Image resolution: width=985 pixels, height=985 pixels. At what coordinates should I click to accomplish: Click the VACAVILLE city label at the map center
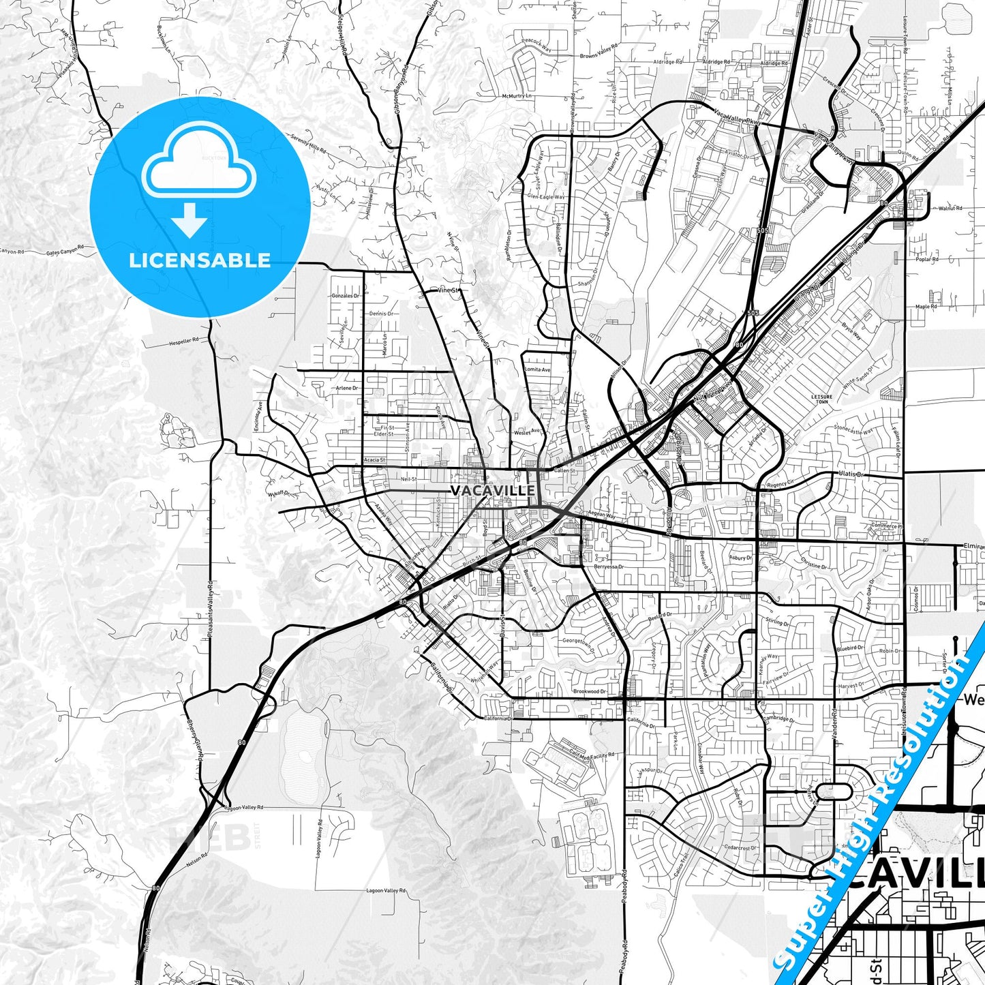(493, 490)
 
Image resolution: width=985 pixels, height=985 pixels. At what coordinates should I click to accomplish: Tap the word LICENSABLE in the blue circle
(200, 260)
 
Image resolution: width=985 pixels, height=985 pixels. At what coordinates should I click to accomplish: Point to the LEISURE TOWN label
(822, 399)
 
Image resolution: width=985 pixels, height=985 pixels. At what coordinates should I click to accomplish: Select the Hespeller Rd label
(183, 339)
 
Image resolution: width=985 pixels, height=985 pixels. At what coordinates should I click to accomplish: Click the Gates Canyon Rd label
(65, 252)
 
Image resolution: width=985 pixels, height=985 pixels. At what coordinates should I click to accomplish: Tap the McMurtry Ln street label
(517, 96)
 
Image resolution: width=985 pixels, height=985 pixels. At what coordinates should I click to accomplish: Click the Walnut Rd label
(950, 208)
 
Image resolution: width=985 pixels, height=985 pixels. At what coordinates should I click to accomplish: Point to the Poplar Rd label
(927, 259)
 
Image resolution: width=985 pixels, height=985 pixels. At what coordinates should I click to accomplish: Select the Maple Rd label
(926, 307)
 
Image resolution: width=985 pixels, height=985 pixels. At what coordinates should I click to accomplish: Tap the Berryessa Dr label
(608, 566)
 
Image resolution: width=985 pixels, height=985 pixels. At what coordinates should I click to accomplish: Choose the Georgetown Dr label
(578, 641)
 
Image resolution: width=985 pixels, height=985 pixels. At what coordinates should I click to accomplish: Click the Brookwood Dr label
(589, 691)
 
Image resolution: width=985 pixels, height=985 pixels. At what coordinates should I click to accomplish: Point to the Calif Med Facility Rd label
(591, 755)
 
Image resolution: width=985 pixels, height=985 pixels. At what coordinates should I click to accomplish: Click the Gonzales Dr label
(344, 296)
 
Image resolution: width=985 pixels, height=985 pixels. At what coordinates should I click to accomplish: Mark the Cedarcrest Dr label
(741, 848)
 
